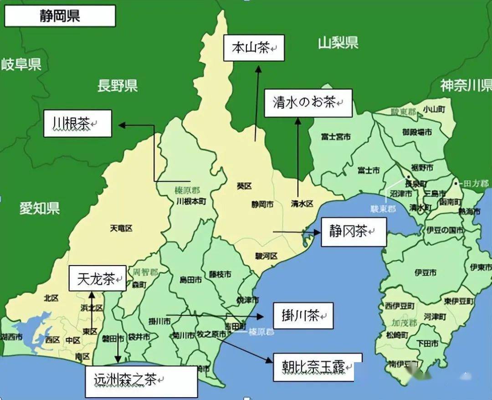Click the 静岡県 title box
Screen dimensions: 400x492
(60, 16)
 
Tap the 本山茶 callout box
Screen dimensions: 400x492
(254, 47)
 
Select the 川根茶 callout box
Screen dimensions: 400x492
(77, 123)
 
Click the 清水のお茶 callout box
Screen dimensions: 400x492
(308, 103)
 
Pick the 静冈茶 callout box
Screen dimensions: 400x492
(354, 232)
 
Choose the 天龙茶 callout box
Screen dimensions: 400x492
(97, 279)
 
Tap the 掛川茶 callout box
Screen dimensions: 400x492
(303, 315)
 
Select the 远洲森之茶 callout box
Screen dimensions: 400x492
(142, 381)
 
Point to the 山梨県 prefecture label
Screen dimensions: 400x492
(338, 43)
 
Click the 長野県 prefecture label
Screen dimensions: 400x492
(118, 85)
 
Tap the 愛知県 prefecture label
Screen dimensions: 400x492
(40, 209)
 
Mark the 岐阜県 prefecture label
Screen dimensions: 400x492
(21, 64)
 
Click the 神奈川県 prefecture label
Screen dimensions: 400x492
(466, 85)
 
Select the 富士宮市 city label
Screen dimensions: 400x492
(336, 136)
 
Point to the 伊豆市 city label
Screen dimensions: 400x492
(425, 272)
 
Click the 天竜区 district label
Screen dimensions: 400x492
(121, 228)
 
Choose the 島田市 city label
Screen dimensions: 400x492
(191, 280)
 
